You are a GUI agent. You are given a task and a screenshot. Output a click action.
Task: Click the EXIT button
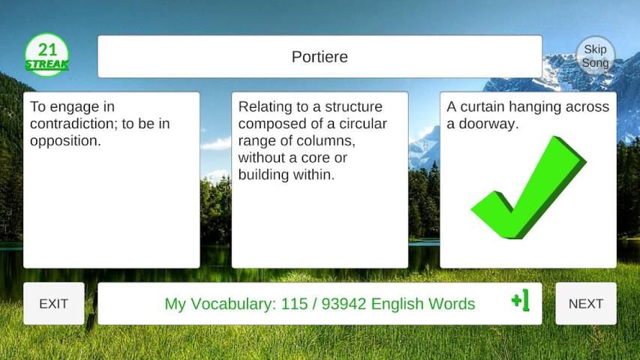(54, 304)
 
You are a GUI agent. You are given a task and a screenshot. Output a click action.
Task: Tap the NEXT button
(586, 304)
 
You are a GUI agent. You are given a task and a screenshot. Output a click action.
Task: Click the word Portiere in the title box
(320, 57)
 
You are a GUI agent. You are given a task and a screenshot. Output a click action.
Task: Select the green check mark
(528, 187)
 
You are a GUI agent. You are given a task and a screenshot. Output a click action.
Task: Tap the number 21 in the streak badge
(47, 49)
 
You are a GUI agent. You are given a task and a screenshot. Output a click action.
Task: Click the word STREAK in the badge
(47, 64)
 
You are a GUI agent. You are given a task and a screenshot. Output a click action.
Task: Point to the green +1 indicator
(521, 300)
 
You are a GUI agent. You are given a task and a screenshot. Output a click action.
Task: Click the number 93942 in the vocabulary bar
(344, 304)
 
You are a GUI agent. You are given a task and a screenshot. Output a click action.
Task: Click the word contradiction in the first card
(74, 124)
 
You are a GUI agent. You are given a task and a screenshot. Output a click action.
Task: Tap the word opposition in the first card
(65, 141)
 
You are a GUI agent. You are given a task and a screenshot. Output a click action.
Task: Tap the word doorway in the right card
(488, 124)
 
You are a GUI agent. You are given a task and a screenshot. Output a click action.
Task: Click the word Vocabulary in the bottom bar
(233, 304)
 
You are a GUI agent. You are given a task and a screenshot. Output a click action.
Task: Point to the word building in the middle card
(266, 175)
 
